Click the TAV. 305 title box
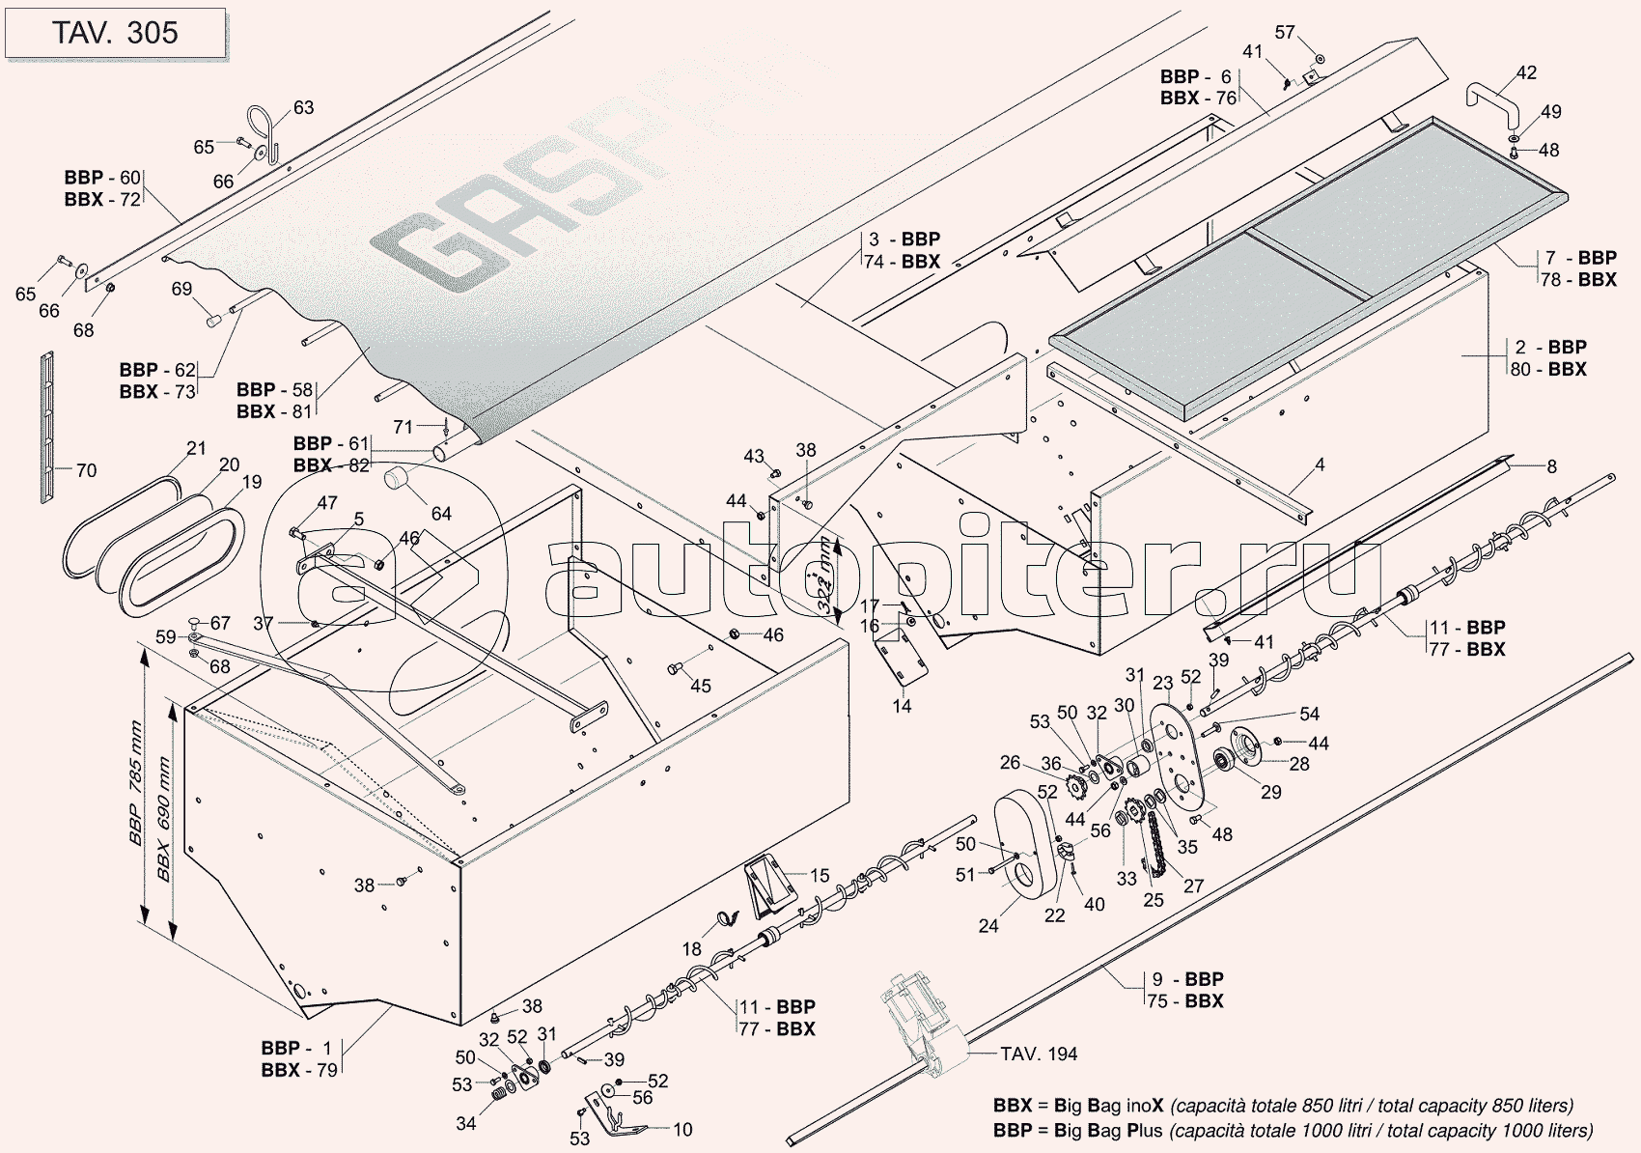pos(115,33)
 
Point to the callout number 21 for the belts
pos(196,448)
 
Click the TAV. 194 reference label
pos(1039,1054)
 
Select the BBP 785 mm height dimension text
pos(135,783)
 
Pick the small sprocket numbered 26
pos(1072,787)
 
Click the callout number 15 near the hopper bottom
pos(820,876)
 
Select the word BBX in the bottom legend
pos(1013,1106)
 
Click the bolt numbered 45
pos(675,668)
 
